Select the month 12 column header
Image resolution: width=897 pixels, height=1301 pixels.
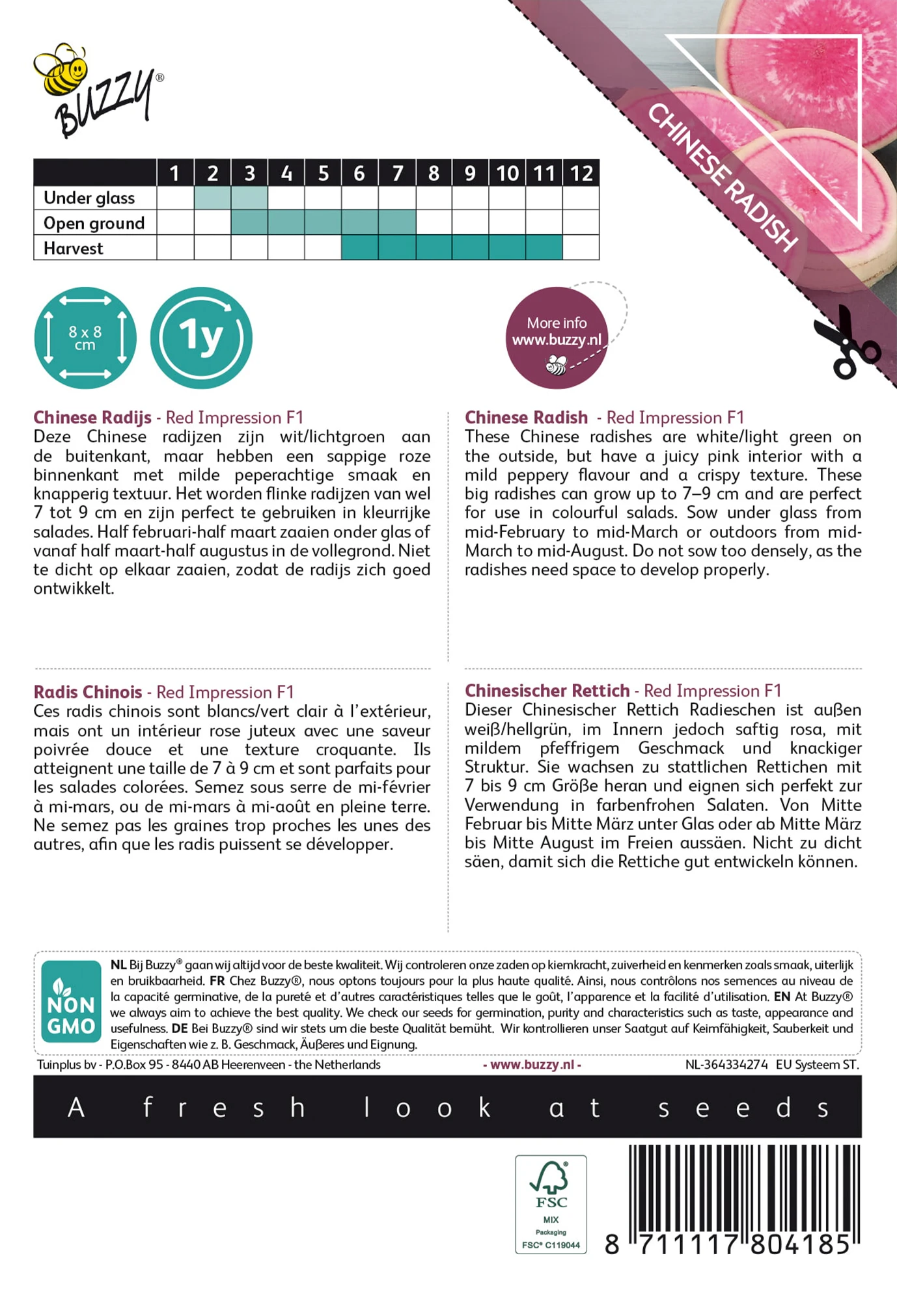point(581,174)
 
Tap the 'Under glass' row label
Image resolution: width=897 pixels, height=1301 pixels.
point(89,198)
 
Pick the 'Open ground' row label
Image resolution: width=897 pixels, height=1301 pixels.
point(94,223)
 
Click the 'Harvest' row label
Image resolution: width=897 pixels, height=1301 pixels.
point(74,248)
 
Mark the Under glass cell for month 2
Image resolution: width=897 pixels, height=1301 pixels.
point(212,198)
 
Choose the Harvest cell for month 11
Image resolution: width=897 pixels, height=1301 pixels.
point(544,248)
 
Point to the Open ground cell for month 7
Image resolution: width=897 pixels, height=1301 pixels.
point(397,222)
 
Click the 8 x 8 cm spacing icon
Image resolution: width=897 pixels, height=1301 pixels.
point(85,338)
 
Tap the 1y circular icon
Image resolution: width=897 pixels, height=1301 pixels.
point(201,338)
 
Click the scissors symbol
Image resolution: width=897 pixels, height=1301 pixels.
point(844,343)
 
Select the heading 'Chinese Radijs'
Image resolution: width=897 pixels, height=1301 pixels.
point(92,418)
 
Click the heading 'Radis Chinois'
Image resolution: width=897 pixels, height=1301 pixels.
point(88,692)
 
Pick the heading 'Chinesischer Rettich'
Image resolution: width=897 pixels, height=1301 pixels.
point(547,691)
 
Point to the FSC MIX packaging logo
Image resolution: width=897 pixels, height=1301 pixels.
point(551,1204)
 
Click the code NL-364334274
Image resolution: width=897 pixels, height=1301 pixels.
point(726,1065)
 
